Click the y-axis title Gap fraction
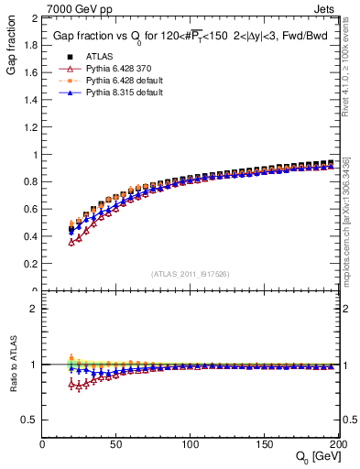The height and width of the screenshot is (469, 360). (11, 46)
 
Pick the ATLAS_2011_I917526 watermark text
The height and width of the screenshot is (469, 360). (191, 274)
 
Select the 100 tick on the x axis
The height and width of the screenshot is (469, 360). (191, 444)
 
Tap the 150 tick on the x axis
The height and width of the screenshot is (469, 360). (265, 444)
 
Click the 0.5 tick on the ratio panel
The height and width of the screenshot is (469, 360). (30, 420)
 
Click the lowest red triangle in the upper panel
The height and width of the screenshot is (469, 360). (71, 242)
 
